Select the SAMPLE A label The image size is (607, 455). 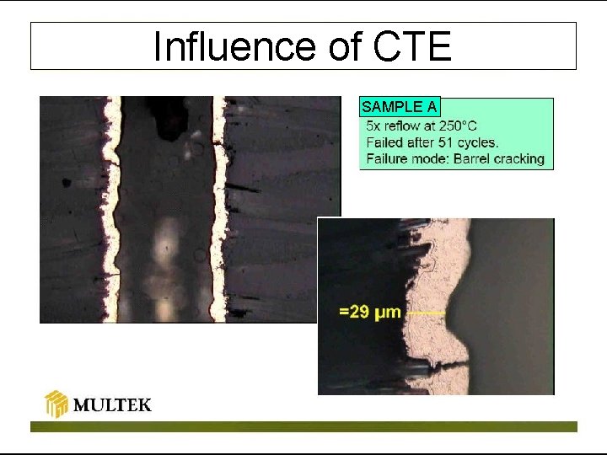[399, 107]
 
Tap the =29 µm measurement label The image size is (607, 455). [369, 313]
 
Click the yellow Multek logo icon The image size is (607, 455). [56, 404]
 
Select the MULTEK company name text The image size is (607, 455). [112, 405]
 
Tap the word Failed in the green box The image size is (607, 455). [384, 142]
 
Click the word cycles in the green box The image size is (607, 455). [480, 142]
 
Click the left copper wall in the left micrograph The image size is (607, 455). [109, 211]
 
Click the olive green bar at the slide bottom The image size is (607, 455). [303, 426]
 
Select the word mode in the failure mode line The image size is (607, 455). [427, 158]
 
